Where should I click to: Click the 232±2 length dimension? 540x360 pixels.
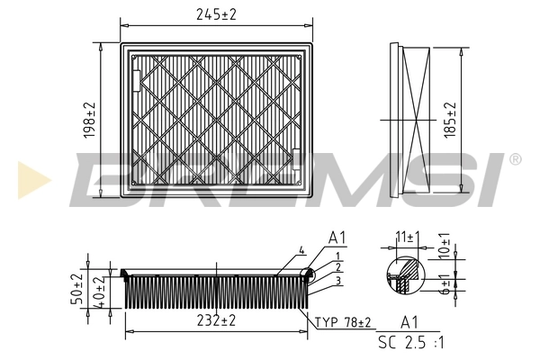(215, 320)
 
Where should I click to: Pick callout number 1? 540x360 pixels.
(337, 257)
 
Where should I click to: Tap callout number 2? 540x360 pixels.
(337, 268)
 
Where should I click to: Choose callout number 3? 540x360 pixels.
(337, 280)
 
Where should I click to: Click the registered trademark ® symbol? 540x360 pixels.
(515, 159)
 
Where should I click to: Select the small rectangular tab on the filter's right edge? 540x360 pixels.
(296, 159)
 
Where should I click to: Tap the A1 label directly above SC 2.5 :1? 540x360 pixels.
(409, 322)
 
